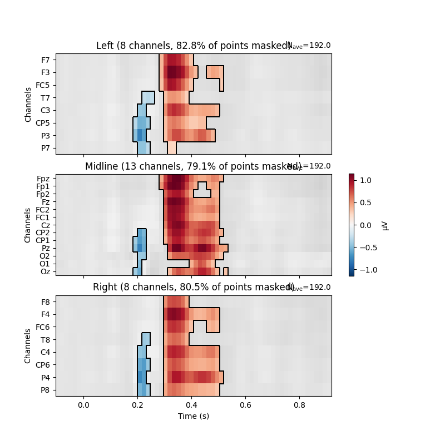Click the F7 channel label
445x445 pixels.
tap(46, 60)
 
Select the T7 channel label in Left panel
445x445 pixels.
tap(46, 98)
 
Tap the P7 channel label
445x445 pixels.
tap(46, 148)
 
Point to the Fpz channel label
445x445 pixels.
tap(44, 179)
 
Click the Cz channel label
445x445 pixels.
tap(46, 225)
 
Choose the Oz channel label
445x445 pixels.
tap(46, 271)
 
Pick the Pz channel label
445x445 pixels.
tap(46, 248)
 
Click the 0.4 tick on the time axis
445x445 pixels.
tap(192, 405)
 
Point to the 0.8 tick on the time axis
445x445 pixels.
tap(300, 405)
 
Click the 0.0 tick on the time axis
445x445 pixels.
tap(83, 405)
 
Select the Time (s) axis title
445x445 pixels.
tap(194, 416)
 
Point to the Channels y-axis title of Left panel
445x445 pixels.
tap(28, 104)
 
